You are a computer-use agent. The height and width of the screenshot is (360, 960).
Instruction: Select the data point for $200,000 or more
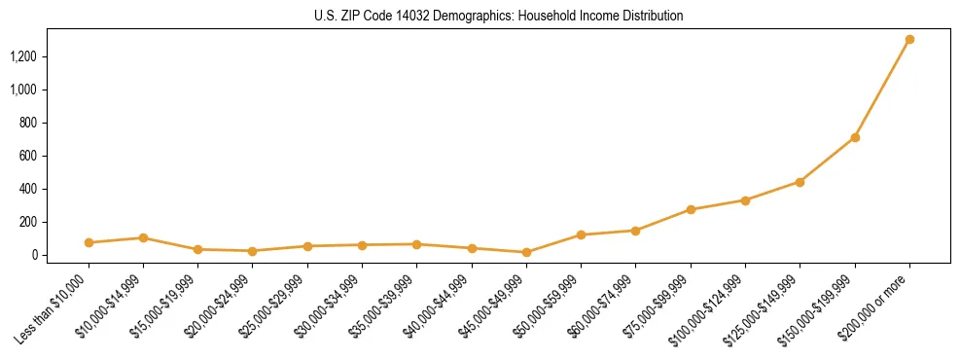click(x=909, y=40)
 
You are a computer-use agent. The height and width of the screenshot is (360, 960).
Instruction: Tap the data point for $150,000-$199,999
click(x=855, y=137)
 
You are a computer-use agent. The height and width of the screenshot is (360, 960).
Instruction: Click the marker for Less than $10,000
click(x=89, y=242)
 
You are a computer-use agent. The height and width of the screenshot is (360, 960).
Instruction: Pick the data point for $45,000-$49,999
click(x=526, y=252)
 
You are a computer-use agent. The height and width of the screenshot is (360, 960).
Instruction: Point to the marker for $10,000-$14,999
click(x=143, y=237)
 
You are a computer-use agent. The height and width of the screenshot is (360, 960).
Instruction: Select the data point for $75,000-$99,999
click(x=691, y=209)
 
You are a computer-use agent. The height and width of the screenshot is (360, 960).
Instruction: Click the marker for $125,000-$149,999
click(x=800, y=182)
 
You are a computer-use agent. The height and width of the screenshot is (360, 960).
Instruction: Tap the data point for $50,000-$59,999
click(x=581, y=234)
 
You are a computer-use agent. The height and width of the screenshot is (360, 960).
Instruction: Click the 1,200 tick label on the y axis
click(x=23, y=56)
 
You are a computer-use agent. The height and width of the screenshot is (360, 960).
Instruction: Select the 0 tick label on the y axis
click(x=33, y=255)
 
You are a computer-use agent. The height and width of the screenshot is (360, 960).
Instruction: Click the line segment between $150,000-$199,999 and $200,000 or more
click(x=882, y=89)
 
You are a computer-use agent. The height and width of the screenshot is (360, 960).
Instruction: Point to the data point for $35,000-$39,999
click(x=416, y=244)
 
